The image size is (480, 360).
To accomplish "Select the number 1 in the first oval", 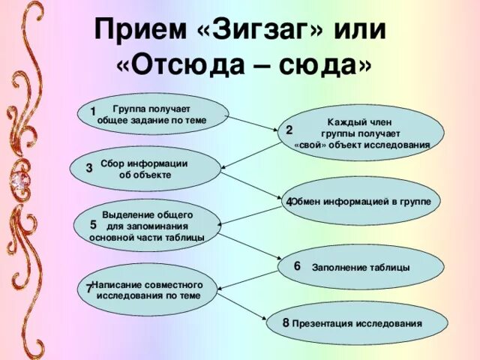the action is click(x=91, y=112).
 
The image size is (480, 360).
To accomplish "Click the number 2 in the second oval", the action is click(x=289, y=130).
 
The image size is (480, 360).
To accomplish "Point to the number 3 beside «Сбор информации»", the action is click(x=89, y=168).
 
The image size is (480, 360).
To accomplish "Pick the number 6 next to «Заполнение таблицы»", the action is click(x=297, y=266).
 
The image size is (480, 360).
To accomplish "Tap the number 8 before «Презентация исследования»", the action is click(x=286, y=322).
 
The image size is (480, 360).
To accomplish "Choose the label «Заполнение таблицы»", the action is click(x=361, y=268).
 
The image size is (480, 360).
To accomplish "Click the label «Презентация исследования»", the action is click(x=357, y=324).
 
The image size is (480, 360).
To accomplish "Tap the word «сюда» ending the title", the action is click(x=321, y=66).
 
